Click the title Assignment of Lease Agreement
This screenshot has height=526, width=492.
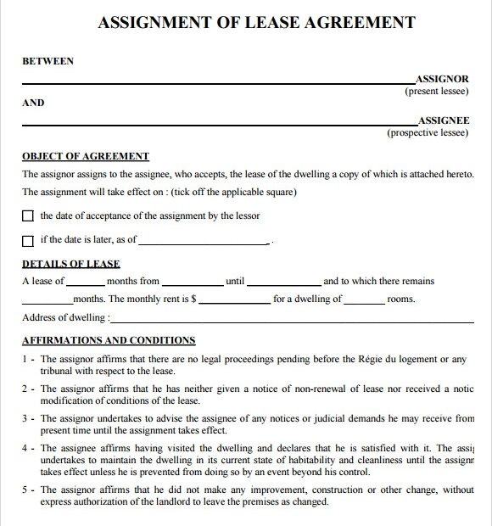pyautogui.click(x=256, y=22)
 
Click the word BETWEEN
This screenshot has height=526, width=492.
pyautogui.click(x=48, y=61)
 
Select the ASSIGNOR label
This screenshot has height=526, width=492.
pyautogui.click(x=441, y=79)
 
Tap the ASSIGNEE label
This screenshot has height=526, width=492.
pyautogui.click(x=443, y=120)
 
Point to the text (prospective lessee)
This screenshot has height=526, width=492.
pyautogui.click(x=428, y=132)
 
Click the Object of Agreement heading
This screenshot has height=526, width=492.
pyautogui.click(x=85, y=156)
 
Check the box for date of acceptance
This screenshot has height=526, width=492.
pyautogui.click(x=28, y=216)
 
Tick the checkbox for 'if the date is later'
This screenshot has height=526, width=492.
pyautogui.click(x=28, y=240)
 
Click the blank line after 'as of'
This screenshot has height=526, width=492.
pyautogui.click(x=204, y=241)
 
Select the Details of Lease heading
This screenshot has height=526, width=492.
pyautogui.click(x=70, y=264)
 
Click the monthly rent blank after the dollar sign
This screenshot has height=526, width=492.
pyautogui.click(x=234, y=299)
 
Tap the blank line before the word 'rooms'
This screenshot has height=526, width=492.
pyautogui.click(x=365, y=299)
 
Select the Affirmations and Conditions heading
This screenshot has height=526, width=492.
pyautogui.click(x=108, y=340)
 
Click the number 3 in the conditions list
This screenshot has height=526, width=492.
pyautogui.click(x=25, y=418)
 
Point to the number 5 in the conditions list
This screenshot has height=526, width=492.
pyautogui.click(x=25, y=490)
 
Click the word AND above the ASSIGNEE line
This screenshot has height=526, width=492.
pyautogui.click(x=32, y=103)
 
